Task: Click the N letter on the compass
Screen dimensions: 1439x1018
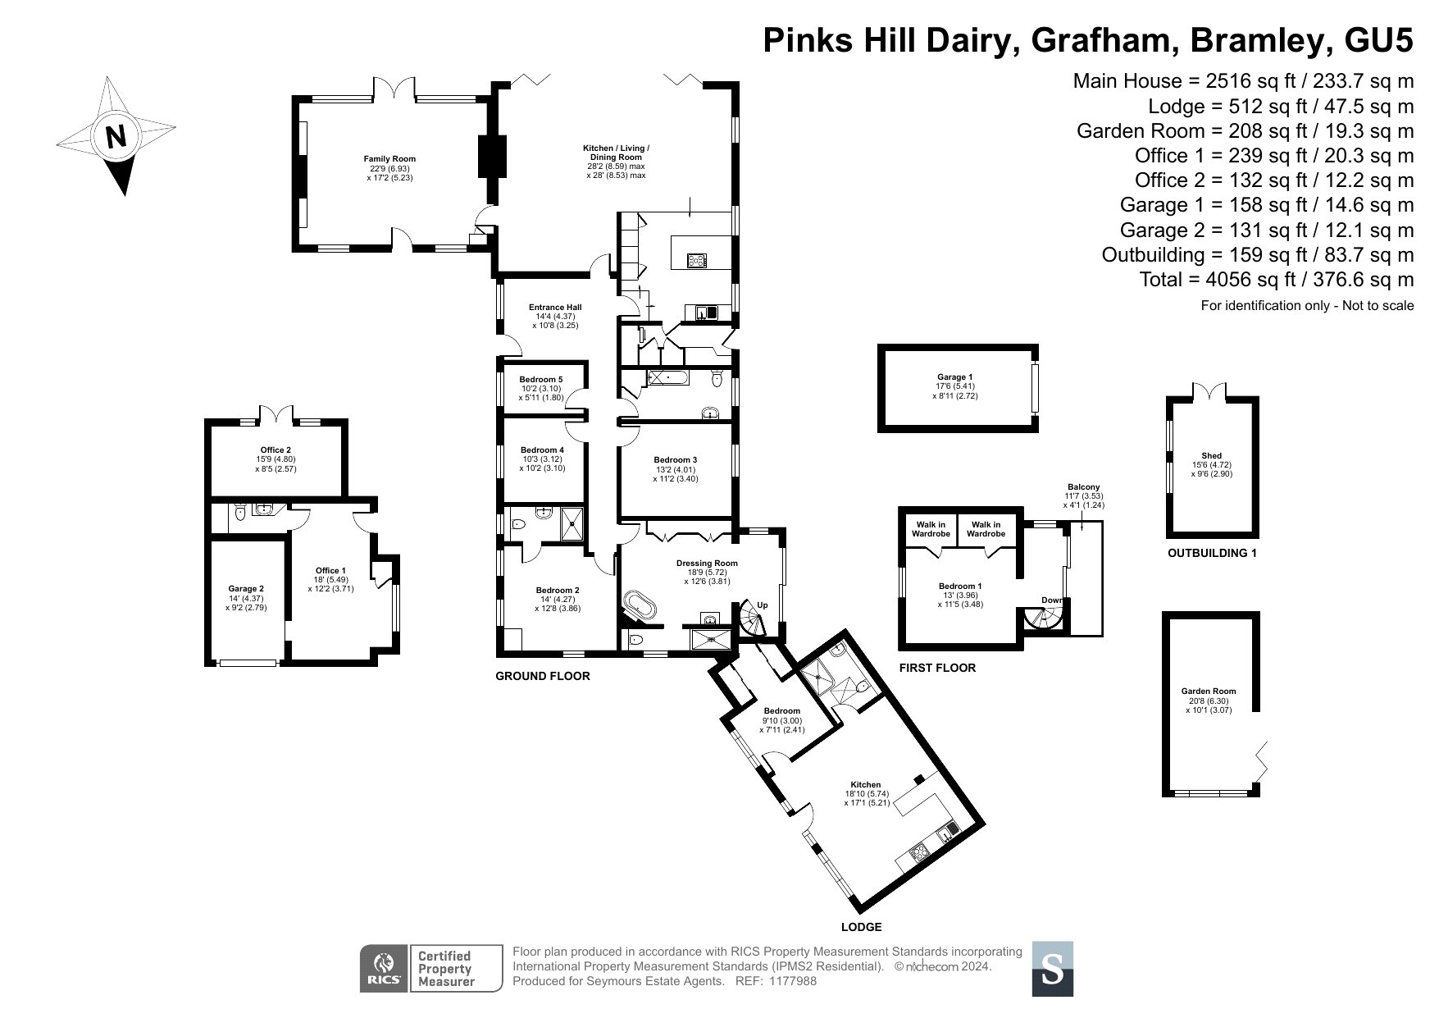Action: click(116, 136)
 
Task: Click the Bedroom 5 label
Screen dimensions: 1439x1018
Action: click(541, 379)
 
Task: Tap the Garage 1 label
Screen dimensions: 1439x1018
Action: click(954, 377)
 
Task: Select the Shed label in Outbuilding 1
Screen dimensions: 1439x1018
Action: click(1211, 456)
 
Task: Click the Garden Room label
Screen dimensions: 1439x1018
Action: click(1209, 692)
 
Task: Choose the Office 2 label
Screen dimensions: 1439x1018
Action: click(276, 450)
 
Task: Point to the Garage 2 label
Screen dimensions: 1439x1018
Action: click(246, 589)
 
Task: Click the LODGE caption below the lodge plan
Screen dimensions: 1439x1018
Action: click(861, 927)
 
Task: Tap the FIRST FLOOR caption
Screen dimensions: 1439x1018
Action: click(937, 668)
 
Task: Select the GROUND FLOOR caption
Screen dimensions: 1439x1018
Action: click(542, 676)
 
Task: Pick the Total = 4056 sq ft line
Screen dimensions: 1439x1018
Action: click(1277, 279)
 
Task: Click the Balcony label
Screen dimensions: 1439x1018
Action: click(1084, 487)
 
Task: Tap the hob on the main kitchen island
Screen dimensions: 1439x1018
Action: click(696, 261)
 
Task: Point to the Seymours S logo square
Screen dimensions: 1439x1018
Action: click(1051, 969)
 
